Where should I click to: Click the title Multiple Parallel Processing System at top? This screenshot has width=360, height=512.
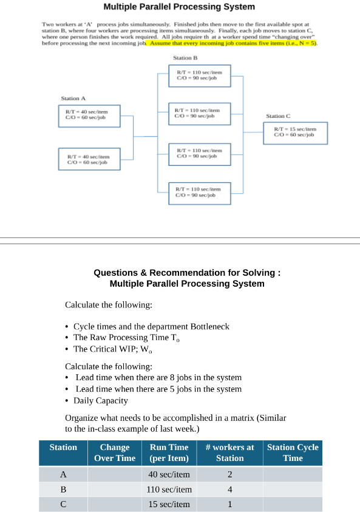click(x=179, y=7)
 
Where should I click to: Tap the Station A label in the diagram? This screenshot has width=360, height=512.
click(x=73, y=98)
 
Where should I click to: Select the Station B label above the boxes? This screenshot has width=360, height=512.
click(x=185, y=57)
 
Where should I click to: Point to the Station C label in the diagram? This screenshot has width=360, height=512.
click(x=278, y=115)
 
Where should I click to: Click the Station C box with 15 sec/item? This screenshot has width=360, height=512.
click(x=295, y=132)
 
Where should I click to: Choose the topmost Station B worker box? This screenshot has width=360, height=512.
click(x=200, y=75)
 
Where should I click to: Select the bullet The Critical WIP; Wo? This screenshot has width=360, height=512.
click(x=113, y=349)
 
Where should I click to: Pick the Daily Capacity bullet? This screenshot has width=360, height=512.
click(x=100, y=400)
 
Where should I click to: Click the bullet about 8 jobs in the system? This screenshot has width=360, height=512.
click(x=158, y=377)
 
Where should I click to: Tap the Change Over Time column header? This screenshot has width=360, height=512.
click(x=115, y=452)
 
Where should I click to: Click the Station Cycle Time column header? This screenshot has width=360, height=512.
click(x=293, y=452)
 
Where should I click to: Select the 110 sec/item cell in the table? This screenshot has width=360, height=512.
click(x=169, y=489)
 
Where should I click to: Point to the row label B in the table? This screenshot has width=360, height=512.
click(x=63, y=489)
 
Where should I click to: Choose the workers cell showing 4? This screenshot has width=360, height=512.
click(x=229, y=489)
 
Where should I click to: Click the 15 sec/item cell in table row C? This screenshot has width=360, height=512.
click(x=169, y=504)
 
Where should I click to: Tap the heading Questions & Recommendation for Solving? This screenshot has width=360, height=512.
click(x=187, y=273)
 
